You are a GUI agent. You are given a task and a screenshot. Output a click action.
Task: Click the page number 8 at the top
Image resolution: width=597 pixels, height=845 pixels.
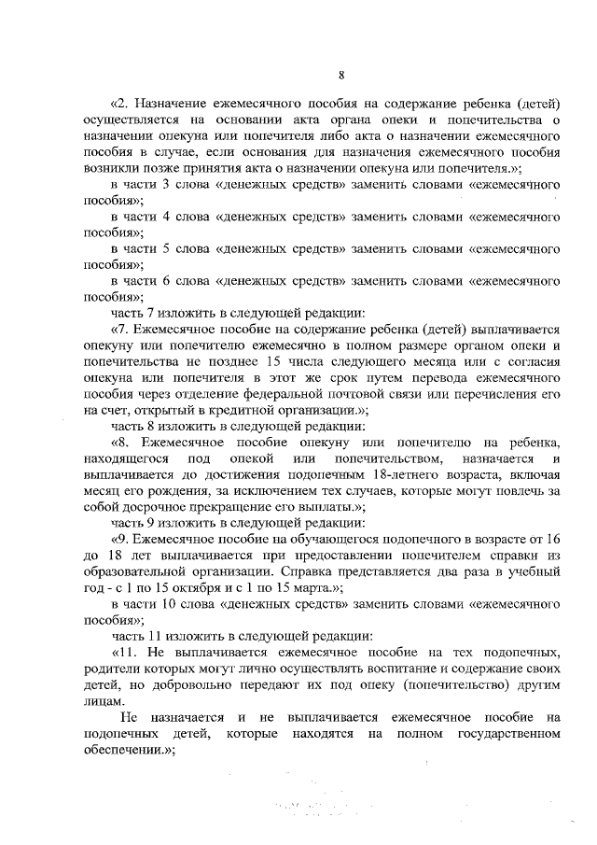click(342, 76)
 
